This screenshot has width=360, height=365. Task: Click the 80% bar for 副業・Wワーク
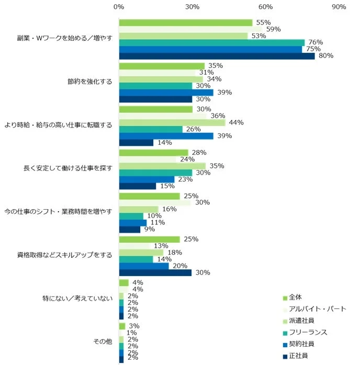[x=217, y=56]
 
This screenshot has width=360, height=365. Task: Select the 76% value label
[x=316, y=42]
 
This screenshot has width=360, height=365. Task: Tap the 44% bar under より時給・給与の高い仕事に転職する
[x=172, y=122]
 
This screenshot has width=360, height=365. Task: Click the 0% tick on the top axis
[x=119, y=7]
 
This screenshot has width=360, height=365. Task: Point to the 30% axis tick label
[x=192, y=7]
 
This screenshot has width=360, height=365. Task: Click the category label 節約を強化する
[x=89, y=82]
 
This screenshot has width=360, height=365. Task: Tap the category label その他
[x=103, y=343]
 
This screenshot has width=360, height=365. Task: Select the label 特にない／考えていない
[x=77, y=299]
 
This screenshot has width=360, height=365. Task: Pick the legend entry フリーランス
[x=309, y=332]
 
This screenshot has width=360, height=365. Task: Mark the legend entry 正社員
[x=300, y=356]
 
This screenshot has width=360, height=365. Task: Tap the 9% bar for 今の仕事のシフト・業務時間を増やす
[x=130, y=229]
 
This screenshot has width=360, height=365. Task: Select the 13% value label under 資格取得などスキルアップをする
[x=159, y=246]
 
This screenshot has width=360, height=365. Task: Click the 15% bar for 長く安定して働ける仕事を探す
[x=137, y=186]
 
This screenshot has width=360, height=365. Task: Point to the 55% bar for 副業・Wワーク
[x=186, y=22]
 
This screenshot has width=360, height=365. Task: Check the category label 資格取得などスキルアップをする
[x=65, y=256]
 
